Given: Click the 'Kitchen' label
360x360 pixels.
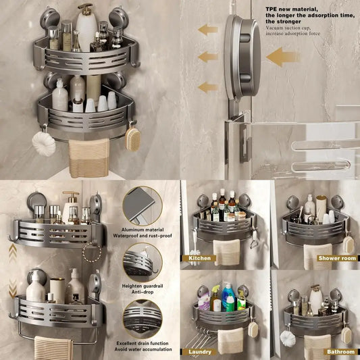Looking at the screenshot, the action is tap(199, 258).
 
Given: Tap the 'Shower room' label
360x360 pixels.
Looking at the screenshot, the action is tap(337, 258).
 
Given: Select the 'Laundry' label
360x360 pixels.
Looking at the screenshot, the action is tap(200, 352).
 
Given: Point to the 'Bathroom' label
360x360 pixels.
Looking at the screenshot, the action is tap(340, 352).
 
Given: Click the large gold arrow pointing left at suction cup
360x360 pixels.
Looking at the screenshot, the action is tap(283, 57).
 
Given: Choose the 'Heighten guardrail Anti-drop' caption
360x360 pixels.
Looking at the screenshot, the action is tap(143, 289).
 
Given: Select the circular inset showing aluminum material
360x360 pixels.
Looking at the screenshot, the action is tap(143, 206).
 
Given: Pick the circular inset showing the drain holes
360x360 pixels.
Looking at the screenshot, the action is tap(143, 319).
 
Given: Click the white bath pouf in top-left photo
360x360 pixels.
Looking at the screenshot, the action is tap(44, 144).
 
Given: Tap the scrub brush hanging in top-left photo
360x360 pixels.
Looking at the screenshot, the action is tap(132, 139).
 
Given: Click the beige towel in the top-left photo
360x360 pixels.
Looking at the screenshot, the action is tap(89, 158).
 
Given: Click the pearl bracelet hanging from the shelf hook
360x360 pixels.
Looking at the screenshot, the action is tap(92, 253).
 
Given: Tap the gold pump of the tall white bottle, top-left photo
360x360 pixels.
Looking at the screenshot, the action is tap(85, 9).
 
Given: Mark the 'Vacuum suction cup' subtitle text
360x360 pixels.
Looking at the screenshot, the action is tap(292, 31).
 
